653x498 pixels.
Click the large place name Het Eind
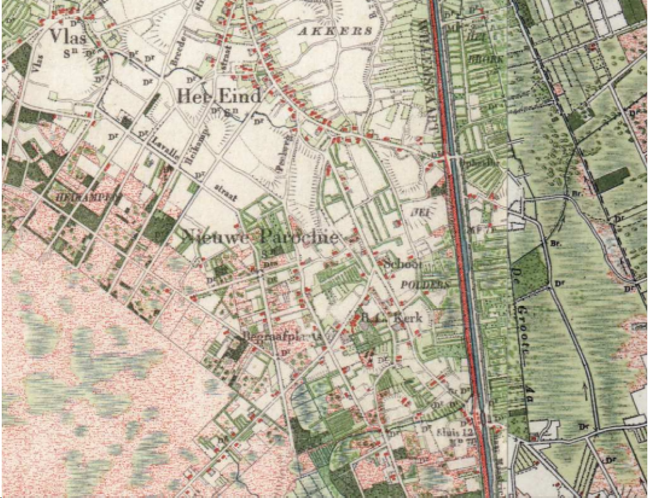(x=219, y=96)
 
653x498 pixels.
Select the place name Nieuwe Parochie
(x=261, y=237)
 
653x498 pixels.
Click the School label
(x=403, y=264)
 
